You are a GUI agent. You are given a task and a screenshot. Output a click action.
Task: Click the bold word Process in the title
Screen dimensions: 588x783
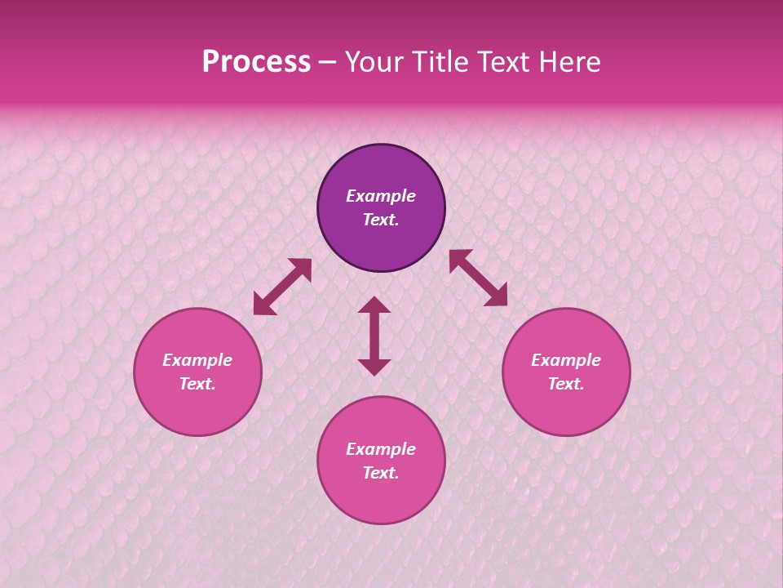pos(256,62)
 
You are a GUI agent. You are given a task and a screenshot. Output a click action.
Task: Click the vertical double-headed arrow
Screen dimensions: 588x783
pos(374,336)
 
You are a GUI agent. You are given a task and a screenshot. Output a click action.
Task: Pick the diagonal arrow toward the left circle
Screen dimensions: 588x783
pos(282,287)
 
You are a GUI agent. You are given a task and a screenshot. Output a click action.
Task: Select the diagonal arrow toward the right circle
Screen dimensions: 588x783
pos(478,278)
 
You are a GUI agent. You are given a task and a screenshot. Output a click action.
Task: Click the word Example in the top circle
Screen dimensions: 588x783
pos(381,196)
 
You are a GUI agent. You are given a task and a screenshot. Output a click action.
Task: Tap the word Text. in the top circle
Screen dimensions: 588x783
pos(381,220)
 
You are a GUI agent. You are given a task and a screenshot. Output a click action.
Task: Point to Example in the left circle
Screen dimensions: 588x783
pos(197,360)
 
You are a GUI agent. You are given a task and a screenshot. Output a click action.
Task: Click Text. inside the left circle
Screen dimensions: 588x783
pos(197,384)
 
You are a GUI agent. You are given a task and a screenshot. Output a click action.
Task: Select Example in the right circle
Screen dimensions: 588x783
pos(566,360)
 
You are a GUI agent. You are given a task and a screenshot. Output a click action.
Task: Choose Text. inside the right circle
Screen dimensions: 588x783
pos(566,384)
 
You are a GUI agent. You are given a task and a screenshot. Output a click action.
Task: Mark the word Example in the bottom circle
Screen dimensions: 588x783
pos(381,449)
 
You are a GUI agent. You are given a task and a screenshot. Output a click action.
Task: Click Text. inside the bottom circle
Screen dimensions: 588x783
pos(381,473)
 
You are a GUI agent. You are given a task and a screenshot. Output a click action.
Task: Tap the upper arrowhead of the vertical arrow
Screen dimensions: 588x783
pos(374,305)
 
